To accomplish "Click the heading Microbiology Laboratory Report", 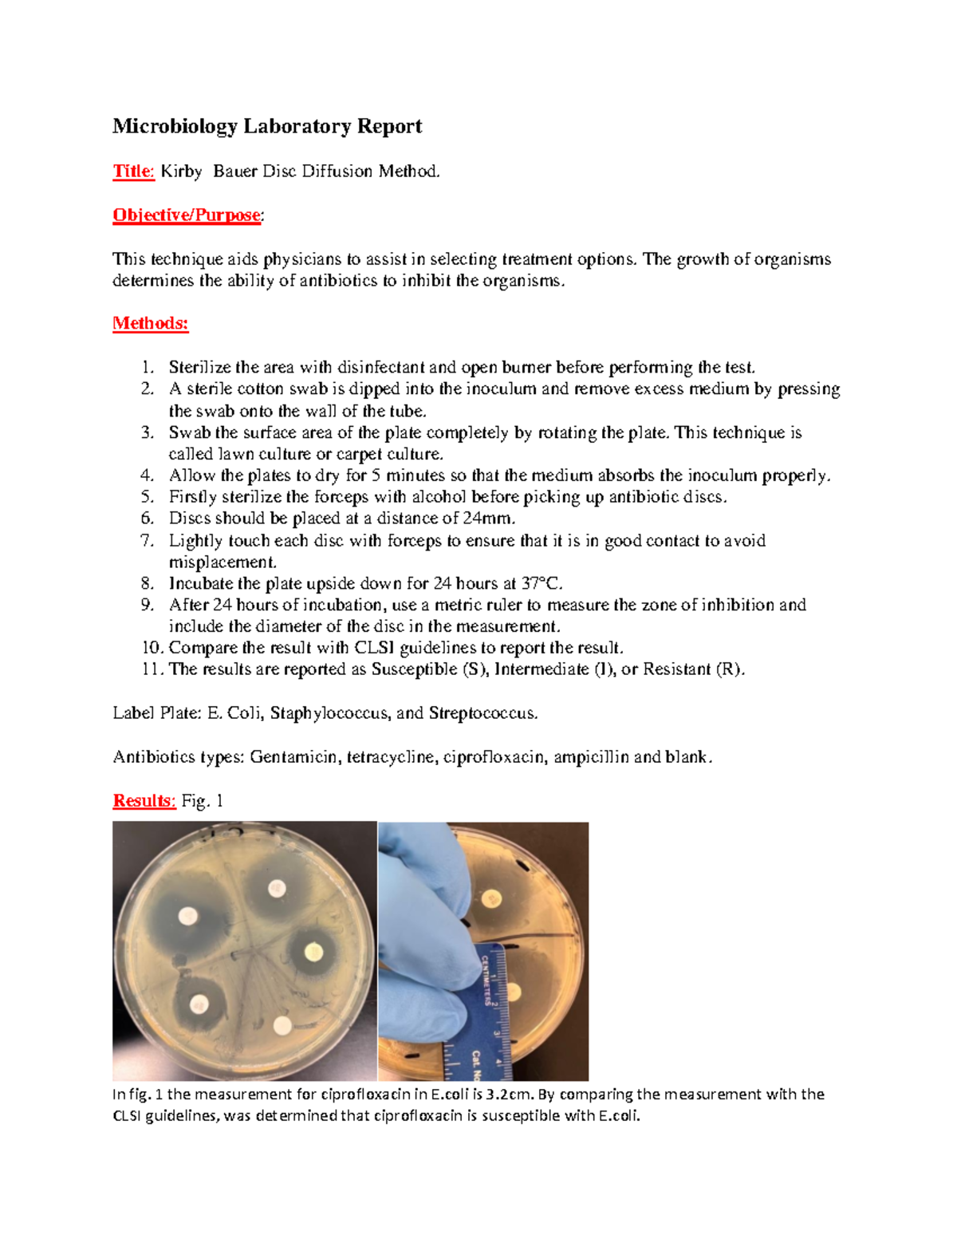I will (266, 126).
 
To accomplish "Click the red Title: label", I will (133, 171).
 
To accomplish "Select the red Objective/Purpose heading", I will (187, 215).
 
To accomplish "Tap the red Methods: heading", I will (150, 323).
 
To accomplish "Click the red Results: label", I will (144, 801).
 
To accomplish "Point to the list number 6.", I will (147, 518).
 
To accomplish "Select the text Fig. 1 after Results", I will (202, 801).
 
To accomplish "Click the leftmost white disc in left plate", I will (187, 916).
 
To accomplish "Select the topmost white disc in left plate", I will (277, 887).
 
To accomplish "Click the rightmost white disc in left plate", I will (314, 951).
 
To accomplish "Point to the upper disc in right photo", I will (494, 900).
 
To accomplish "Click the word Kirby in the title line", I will (181, 171).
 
